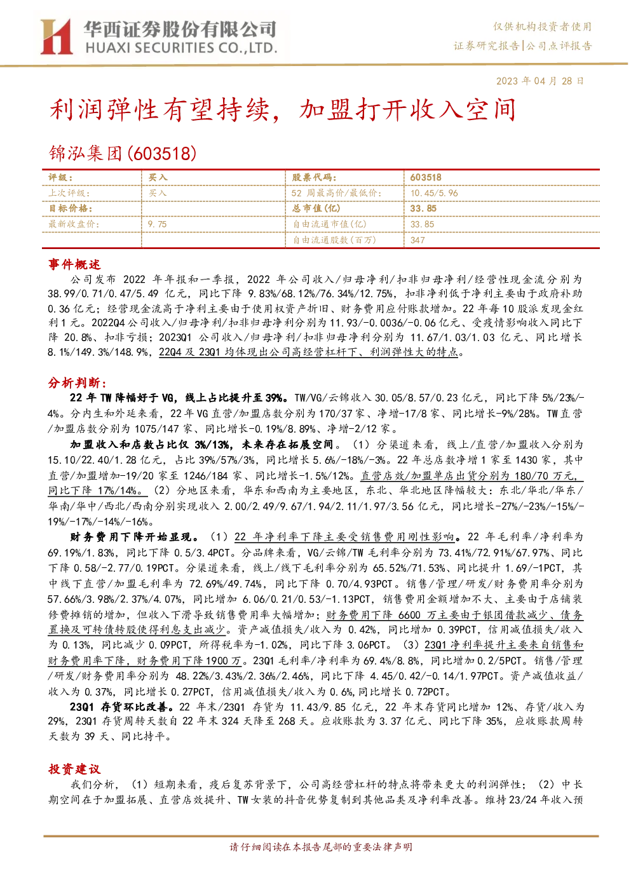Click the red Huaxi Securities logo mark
click(x=56, y=37)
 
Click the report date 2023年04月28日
click(x=539, y=81)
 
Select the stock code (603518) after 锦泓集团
click(x=162, y=153)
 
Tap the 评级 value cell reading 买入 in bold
click(x=158, y=178)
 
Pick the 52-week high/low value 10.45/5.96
click(x=434, y=193)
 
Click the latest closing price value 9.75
click(x=158, y=224)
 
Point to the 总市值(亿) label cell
click(x=316, y=208)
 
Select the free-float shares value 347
click(x=417, y=240)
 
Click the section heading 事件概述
click(x=74, y=264)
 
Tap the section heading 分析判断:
click(x=78, y=382)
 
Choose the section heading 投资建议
click(x=74, y=769)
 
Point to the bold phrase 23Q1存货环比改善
click(x=122, y=707)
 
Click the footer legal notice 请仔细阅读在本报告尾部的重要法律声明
click(x=321, y=847)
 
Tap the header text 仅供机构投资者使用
click(x=542, y=27)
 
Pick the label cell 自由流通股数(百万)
click(x=335, y=240)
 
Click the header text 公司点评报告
click(x=559, y=46)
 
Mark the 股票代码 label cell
click(x=314, y=178)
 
